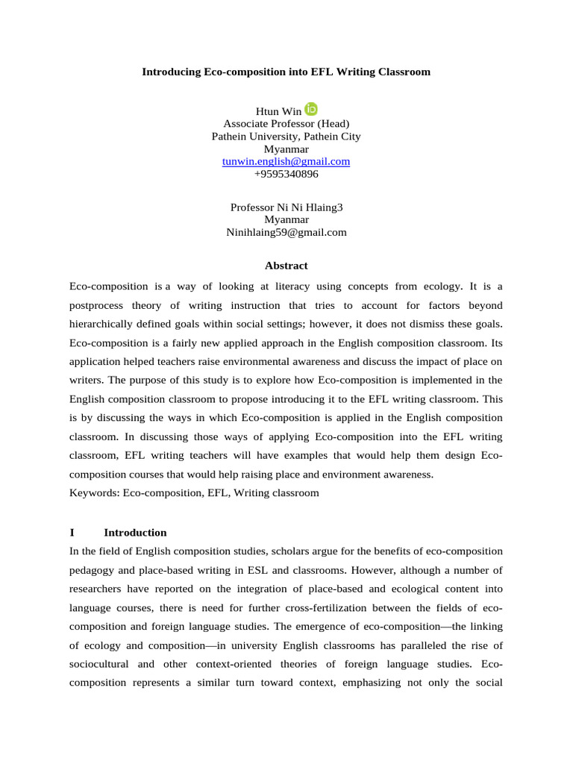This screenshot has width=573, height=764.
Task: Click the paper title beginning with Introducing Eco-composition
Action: (x=286, y=72)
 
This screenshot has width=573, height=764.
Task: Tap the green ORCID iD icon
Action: (x=311, y=110)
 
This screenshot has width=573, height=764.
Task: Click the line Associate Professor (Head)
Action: (x=286, y=124)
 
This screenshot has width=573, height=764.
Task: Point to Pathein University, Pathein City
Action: (x=286, y=137)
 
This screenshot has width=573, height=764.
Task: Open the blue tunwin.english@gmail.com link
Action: (x=286, y=161)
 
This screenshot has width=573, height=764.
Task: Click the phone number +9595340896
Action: (x=286, y=174)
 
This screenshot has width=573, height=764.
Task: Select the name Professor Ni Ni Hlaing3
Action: (x=286, y=207)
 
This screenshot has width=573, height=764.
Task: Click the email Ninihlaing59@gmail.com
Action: (x=286, y=232)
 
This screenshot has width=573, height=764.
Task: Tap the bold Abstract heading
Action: (x=286, y=266)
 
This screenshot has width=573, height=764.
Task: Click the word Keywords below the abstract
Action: (x=94, y=492)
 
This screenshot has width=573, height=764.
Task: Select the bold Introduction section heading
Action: (x=135, y=533)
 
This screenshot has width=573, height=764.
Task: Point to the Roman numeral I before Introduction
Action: (x=72, y=533)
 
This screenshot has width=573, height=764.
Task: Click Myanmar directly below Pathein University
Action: (x=286, y=149)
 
